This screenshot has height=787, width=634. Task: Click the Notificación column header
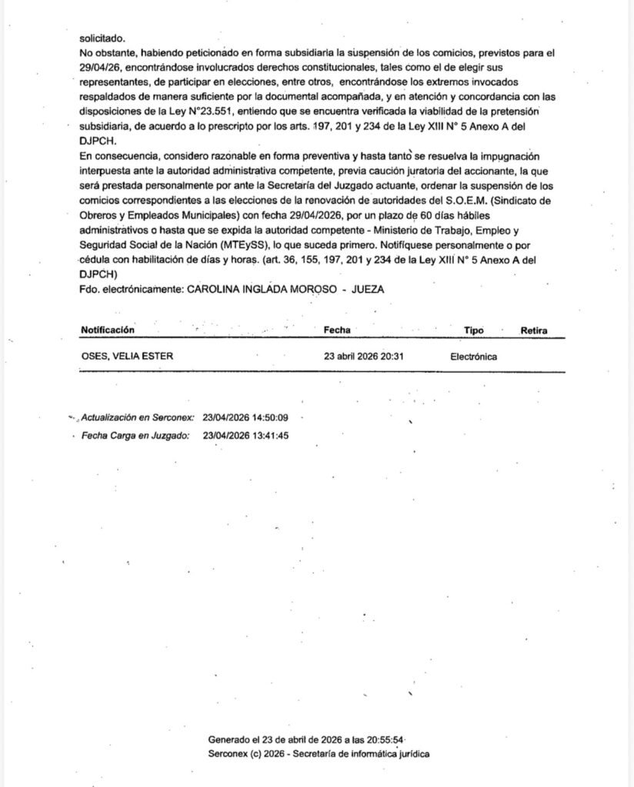pyautogui.click(x=108, y=330)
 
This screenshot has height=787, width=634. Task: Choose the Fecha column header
pyautogui.click(x=337, y=330)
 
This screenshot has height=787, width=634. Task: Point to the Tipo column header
pyautogui.click(x=474, y=330)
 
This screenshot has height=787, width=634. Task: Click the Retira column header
pyautogui.click(x=534, y=330)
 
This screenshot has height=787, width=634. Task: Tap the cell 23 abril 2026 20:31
pyautogui.click(x=365, y=357)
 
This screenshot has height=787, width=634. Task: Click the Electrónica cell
pyautogui.click(x=474, y=357)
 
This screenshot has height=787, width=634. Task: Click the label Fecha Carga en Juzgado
pyautogui.click(x=135, y=436)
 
